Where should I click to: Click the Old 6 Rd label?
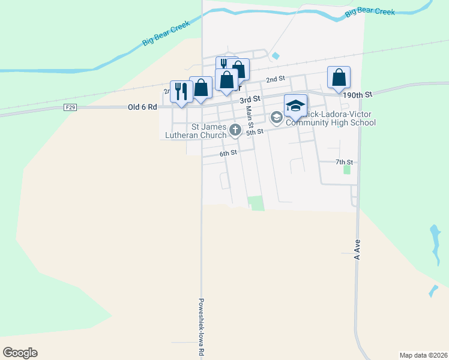pos(142,107)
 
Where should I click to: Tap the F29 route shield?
pos(70,107)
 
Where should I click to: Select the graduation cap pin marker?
pos(295,106)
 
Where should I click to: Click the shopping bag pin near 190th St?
pos(339,77)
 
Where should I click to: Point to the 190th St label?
pos(358,94)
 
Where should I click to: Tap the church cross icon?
pos(235,128)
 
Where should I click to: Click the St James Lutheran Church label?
pos(196,131)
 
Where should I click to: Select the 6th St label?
pos(228,153)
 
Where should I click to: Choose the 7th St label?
pos(344,162)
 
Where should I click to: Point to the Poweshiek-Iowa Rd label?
pos(202,328)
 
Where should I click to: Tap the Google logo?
pos(20,353)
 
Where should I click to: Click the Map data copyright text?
pos(423,355)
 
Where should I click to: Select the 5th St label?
pos(255,131)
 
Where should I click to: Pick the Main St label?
pos(248,120)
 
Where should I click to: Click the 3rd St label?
pos(249,98)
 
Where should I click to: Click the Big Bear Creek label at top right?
pos(370,11)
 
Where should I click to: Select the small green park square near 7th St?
pos(346,170)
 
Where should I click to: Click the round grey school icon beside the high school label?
pos(276,117)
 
